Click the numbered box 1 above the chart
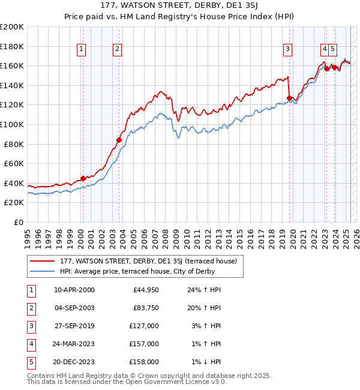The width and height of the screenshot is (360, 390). [x=81, y=49]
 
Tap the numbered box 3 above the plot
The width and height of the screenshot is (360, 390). [x=288, y=49]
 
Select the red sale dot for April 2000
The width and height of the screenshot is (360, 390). [x=83, y=178]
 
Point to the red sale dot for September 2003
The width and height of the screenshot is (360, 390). [x=119, y=140]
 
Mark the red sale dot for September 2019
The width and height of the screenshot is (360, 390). [x=290, y=98]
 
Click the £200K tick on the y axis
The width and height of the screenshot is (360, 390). [x=12, y=27]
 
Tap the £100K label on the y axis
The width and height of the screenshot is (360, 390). [x=12, y=124]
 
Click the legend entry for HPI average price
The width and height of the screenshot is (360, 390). [x=137, y=272]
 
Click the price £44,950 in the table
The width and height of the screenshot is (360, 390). [x=146, y=290]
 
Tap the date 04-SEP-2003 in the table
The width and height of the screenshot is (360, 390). [x=74, y=308]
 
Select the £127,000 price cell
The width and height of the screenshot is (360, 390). [x=146, y=326]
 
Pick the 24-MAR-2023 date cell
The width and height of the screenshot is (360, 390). [x=74, y=344]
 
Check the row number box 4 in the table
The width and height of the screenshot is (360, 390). [x=31, y=344]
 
